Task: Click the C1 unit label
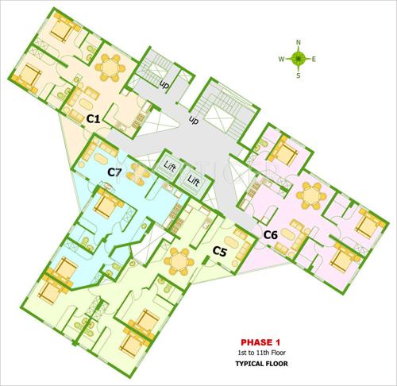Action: [92, 119]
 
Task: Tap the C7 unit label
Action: [114, 172]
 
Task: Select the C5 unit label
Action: [220, 254]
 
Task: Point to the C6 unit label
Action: [270, 234]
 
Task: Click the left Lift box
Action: [170, 167]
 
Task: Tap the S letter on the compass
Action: [299, 76]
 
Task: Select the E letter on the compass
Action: [314, 59]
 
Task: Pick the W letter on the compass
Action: [282, 59]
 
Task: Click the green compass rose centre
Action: [299, 58]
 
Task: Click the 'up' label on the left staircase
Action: [165, 84]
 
